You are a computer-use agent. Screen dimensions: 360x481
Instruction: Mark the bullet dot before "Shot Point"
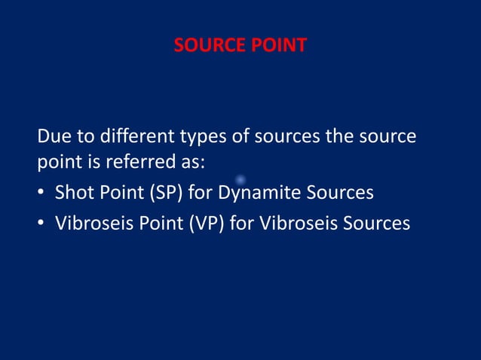(x=41, y=194)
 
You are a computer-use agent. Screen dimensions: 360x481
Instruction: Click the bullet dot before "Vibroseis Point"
(x=41, y=224)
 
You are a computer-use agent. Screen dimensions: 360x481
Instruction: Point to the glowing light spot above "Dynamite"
(x=240, y=179)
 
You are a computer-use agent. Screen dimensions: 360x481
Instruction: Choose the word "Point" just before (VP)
(x=156, y=223)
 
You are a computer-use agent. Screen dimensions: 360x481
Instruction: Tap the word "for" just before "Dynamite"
(x=200, y=193)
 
